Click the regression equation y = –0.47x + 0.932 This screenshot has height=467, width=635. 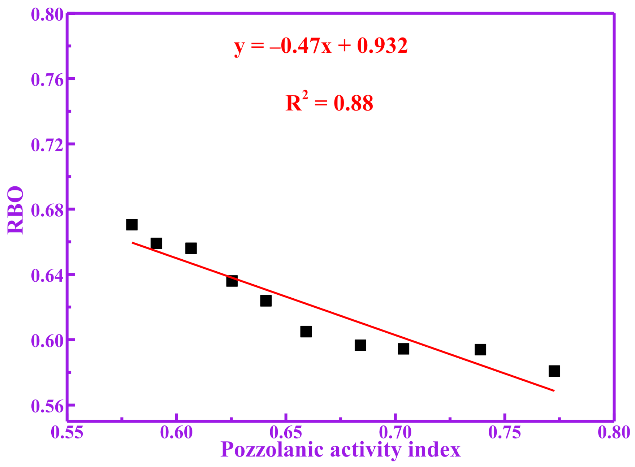[x=321, y=46]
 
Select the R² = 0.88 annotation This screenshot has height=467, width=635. [x=329, y=103]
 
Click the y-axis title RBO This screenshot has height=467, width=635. [x=16, y=210]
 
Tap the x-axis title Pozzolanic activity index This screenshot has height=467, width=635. [x=340, y=450]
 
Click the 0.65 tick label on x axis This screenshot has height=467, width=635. [x=286, y=432]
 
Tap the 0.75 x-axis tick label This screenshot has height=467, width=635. [x=505, y=432]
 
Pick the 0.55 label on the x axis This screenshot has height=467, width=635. [x=67, y=432]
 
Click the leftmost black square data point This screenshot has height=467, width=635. [x=132, y=225]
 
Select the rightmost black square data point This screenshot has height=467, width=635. [x=554, y=371]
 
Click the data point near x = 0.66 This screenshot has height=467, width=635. [x=306, y=332]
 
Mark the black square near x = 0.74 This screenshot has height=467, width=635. [x=480, y=350]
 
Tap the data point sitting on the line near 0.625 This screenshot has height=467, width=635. [x=232, y=281]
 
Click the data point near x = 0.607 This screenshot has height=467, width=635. [x=191, y=248]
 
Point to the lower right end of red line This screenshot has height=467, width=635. [x=553, y=390]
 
